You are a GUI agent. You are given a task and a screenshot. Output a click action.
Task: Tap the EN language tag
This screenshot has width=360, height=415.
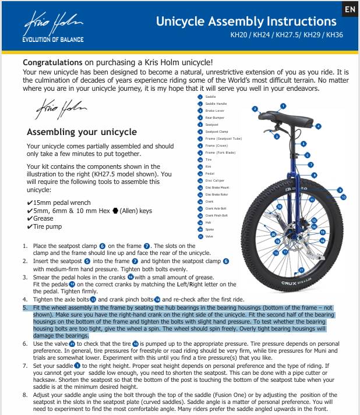[350, 9]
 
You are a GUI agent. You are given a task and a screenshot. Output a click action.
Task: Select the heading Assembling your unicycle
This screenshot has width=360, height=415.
[80, 132]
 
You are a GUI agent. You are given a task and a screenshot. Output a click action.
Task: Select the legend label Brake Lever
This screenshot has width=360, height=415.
[214, 111]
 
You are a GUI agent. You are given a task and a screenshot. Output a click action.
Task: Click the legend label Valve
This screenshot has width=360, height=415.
[210, 236]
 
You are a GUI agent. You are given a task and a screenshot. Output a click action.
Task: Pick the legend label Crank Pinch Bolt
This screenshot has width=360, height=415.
[217, 215]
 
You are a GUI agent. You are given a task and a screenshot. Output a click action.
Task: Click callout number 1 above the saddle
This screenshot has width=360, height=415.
[283, 106]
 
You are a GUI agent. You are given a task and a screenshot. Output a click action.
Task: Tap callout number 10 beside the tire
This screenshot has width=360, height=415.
[344, 197]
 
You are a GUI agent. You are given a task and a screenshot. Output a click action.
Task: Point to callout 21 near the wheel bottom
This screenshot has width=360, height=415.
[301, 271]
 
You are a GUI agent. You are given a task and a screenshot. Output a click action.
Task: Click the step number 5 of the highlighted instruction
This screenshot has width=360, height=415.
[25, 307]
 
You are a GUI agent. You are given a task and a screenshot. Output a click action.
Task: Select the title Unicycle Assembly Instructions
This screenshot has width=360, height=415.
[246, 22]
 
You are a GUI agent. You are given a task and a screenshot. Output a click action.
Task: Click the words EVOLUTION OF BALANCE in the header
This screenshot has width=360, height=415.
[52, 40]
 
